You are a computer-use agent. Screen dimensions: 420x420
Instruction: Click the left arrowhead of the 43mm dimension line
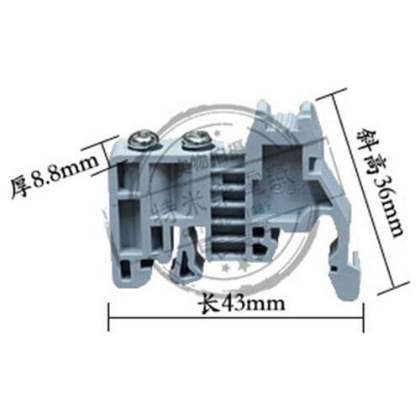(x=111, y=319)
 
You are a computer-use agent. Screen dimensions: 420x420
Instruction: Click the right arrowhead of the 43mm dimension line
(x=362, y=319)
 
